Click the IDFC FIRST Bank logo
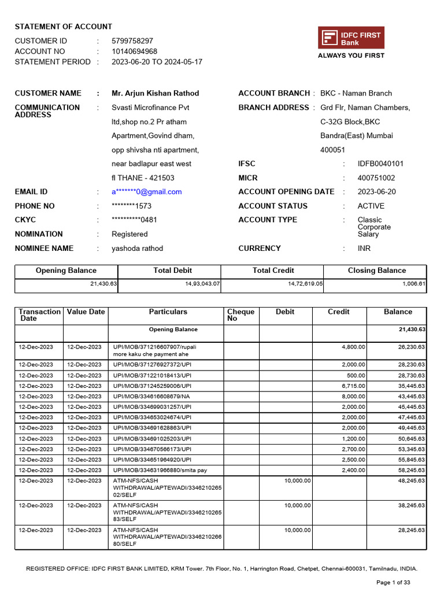click(351, 38)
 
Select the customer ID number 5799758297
click(132, 41)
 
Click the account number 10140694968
click(134, 51)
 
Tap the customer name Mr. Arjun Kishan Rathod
click(155, 93)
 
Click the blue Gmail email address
click(146, 192)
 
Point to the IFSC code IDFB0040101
click(380, 164)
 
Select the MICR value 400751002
click(376, 178)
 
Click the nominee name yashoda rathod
click(137, 249)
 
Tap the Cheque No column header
click(240, 315)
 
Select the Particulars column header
click(168, 312)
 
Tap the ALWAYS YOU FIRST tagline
click(351, 55)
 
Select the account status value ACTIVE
click(371, 206)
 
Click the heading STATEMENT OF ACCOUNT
click(64, 27)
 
